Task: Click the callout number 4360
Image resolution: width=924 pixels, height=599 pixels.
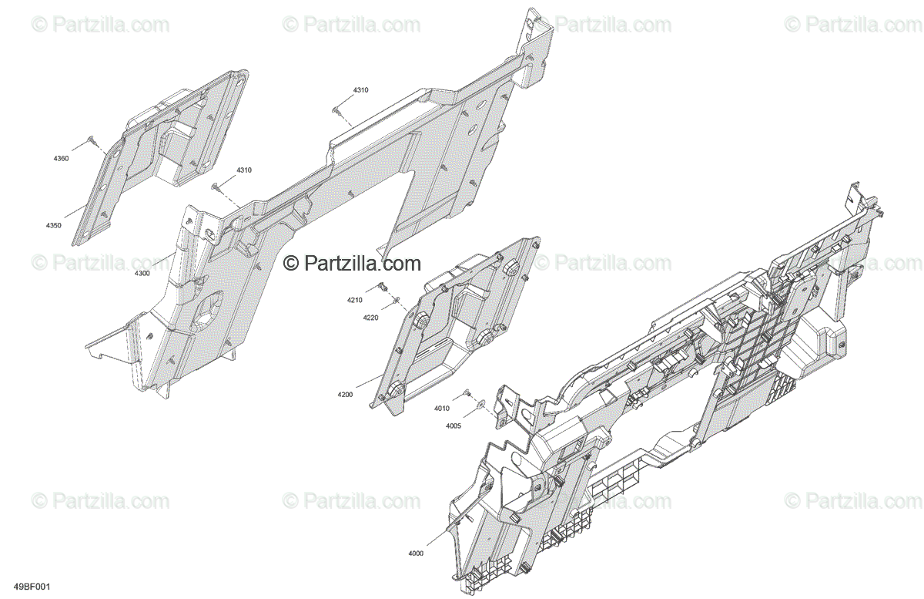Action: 61,159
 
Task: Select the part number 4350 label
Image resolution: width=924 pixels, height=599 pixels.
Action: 53,225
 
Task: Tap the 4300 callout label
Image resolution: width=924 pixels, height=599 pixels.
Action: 142,273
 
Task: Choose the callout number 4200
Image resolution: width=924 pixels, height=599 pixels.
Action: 344,394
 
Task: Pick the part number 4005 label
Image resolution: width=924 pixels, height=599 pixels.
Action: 454,426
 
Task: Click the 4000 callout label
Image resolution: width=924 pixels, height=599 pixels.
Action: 416,554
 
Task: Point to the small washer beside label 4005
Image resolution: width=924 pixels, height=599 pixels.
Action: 481,402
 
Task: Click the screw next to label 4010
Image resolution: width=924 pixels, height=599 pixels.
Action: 467,393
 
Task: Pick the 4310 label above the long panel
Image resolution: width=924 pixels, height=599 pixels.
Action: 360,90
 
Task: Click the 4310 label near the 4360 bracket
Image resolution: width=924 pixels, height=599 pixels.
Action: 244,170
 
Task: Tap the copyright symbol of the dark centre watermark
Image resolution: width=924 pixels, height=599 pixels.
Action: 291,264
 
